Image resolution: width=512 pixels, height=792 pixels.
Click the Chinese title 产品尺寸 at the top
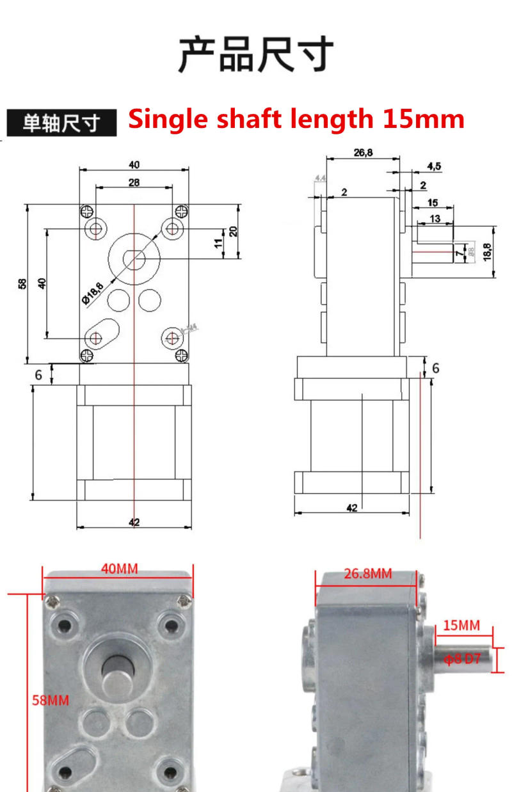256,55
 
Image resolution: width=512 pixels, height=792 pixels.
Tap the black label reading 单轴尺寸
61,123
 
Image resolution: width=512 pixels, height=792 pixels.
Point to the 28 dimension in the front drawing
134,182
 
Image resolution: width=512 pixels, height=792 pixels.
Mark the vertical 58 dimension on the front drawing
22,283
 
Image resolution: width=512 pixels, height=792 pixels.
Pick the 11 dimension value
219,243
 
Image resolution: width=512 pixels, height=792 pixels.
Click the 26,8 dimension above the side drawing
362,152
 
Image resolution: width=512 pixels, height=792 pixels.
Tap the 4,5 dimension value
434,166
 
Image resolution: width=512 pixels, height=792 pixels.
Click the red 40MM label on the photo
118,568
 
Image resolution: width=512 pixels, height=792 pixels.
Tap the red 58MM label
51,700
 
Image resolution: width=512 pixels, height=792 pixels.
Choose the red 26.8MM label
367,574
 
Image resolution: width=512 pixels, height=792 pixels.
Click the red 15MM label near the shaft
461,626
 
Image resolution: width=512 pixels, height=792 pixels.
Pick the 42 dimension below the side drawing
351,508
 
